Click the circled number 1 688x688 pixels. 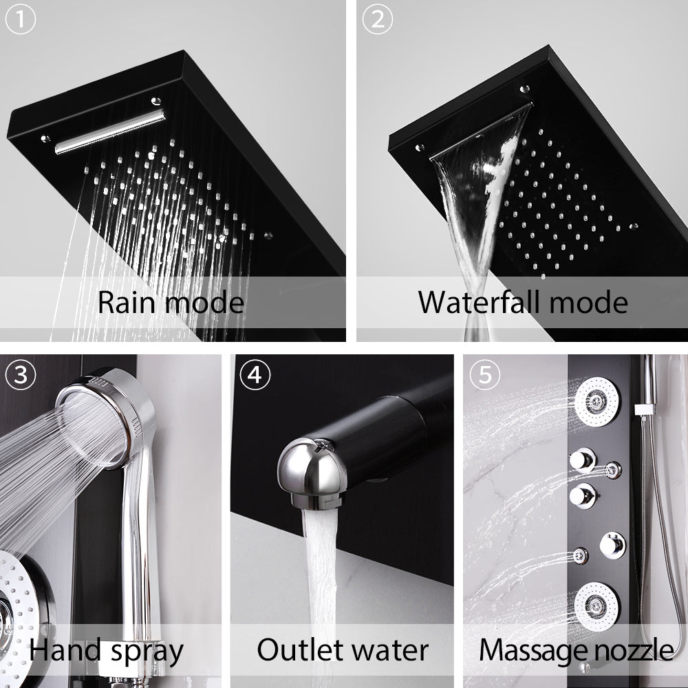pos(20,20)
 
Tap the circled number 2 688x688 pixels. pos(377,20)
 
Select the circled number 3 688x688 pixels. pos(20,375)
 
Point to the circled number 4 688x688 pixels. pos(255,375)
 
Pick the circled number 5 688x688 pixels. pos(485,375)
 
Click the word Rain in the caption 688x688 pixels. pos(127,303)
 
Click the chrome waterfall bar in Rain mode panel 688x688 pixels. pos(109,131)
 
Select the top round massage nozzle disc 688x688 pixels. pos(596,402)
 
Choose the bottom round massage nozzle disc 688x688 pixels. pos(596,607)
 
